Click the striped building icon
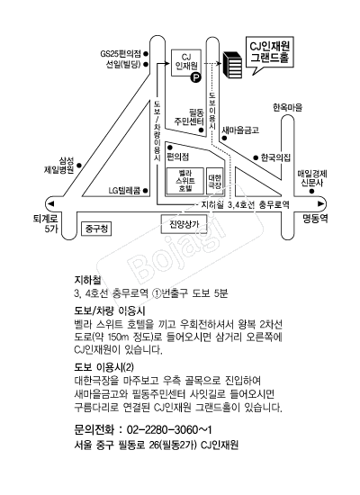[x=233, y=65]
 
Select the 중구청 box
[x=96, y=229]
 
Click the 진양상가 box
[x=184, y=224]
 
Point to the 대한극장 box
[x=215, y=181]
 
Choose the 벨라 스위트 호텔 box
[x=185, y=181]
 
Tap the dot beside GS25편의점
[x=146, y=53]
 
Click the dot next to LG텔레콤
[x=146, y=191]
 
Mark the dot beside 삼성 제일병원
[x=79, y=165]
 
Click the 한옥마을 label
[x=287, y=108]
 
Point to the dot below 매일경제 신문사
[x=311, y=192]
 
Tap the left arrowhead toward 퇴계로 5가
[x=50, y=203]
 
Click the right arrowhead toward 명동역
[x=320, y=203]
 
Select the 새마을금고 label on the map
[x=240, y=130]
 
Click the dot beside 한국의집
[x=256, y=157]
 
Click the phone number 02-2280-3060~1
[x=169, y=429]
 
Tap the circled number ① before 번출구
[x=157, y=293]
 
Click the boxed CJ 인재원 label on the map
[x=186, y=62]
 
